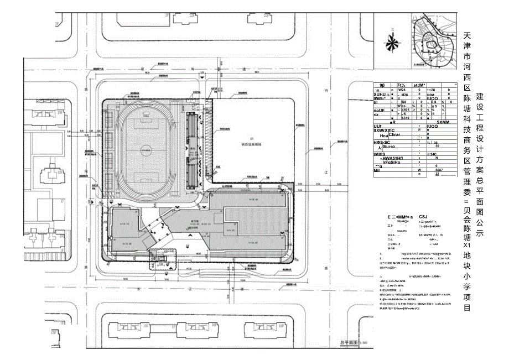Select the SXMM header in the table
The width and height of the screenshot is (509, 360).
coord(443,122)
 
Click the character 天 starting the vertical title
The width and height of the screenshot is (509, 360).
coord(468,35)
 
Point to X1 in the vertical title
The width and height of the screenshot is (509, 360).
coord(468,245)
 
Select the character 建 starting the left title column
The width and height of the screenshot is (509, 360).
coord(480,96)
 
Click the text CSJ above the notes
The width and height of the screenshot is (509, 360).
coord(423,216)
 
